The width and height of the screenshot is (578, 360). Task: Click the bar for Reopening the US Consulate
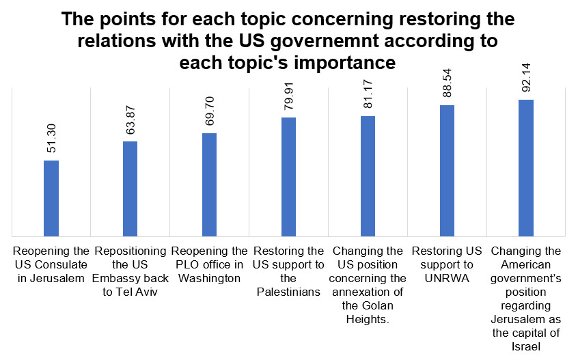pyautogui.click(x=51, y=198)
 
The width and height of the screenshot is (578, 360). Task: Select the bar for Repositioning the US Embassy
pyautogui.click(x=130, y=189)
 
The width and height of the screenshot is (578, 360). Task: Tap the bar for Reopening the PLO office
pyautogui.click(x=209, y=184)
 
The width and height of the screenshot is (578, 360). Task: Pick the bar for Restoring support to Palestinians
pyautogui.click(x=288, y=177)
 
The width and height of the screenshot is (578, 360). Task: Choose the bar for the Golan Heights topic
pyautogui.click(x=368, y=176)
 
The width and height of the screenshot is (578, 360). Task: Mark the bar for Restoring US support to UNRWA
pyautogui.click(x=447, y=171)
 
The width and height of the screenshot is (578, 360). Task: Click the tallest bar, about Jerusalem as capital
pyautogui.click(x=526, y=168)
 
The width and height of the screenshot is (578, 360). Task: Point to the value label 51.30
pyautogui.click(x=51, y=138)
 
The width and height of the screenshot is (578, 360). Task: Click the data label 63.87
pyautogui.click(x=130, y=120)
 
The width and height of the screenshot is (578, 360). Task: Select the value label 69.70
pyautogui.click(x=210, y=111)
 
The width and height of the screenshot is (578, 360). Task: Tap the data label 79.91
pyautogui.click(x=289, y=96)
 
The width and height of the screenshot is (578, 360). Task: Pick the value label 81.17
pyautogui.click(x=368, y=94)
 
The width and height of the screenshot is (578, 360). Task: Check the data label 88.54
pyautogui.click(x=447, y=83)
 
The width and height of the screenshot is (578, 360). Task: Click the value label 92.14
pyautogui.click(x=526, y=78)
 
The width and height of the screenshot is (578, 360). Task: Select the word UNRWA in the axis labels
pyautogui.click(x=447, y=278)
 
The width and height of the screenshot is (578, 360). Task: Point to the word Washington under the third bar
pyautogui.click(x=209, y=278)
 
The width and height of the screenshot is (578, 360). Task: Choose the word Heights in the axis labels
pyautogui.click(x=368, y=319)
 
